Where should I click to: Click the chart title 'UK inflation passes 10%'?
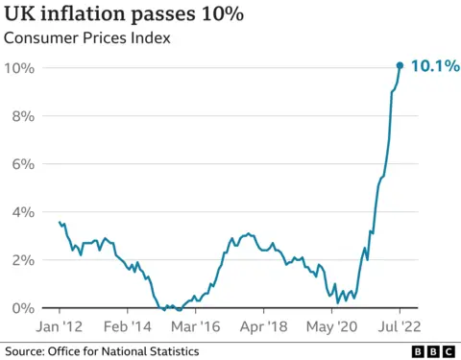point(124,15)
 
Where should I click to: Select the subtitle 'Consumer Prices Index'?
point(88,39)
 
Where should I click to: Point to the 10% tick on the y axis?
point(20,68)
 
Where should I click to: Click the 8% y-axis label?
point(24,116)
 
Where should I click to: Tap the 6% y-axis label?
point(24,164)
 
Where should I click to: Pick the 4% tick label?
point(24,212)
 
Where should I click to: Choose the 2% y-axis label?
point(24,260)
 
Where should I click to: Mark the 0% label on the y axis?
point(24,308)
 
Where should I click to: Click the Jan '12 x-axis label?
point(60,325)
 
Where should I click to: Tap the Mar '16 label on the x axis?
point(195,325)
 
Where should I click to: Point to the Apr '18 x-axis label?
point(263,325)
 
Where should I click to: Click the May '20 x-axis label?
point(331,325)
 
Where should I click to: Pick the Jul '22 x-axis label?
point(400,325)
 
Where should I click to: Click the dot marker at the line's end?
point(400,65)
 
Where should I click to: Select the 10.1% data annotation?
point(433,66)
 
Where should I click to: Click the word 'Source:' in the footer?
point(27,351)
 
